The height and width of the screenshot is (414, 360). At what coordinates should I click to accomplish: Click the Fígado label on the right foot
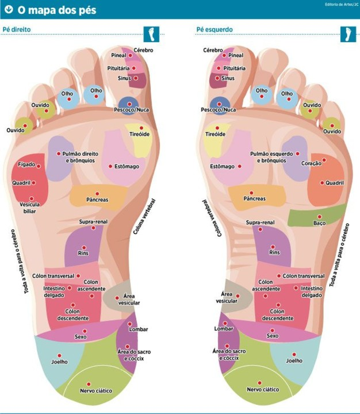(26, 164)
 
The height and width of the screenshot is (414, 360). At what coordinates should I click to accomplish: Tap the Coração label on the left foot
(311, 163)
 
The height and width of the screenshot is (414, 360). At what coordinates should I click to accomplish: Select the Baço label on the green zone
(319, 223)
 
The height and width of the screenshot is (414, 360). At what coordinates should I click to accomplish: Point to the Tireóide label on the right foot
(140, 134)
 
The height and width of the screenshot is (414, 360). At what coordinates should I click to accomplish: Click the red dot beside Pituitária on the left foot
(219, 68)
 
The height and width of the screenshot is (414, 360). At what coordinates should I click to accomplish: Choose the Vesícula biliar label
(29, 208)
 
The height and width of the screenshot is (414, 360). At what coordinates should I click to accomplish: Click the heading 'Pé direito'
(17, 29)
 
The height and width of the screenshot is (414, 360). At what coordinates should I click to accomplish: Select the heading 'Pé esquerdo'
(215, 29)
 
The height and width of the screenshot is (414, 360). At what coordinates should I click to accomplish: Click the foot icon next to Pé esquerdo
(348, 34)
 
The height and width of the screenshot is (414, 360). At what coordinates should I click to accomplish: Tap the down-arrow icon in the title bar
(9, 10)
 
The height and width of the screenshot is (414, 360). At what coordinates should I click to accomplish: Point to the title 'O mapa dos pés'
(57, 10)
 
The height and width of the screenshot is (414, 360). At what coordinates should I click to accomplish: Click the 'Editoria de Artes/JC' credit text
(342, 5)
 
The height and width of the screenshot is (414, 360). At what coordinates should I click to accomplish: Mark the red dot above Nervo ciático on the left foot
(259, 383)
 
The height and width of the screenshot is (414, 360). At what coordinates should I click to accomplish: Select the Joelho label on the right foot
(59, 362)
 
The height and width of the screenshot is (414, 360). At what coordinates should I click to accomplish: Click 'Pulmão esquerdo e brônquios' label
(271, 157)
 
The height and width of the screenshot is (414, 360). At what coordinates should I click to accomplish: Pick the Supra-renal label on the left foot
(260, 223)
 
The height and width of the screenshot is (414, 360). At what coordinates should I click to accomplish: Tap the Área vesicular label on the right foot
(129, 300)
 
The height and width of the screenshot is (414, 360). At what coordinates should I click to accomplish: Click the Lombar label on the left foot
(224, 329)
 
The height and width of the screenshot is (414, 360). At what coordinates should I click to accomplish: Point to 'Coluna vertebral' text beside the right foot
(144, 217)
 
